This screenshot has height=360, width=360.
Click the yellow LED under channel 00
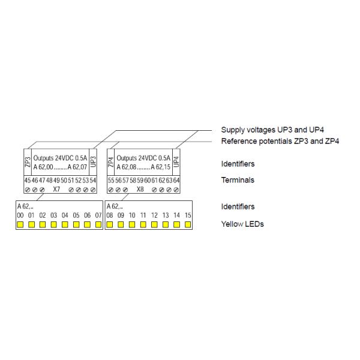(20, 225)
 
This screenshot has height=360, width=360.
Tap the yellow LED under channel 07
(98, 225)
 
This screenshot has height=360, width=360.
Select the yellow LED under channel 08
(110, 225)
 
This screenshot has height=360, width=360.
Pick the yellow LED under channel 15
(188, 225)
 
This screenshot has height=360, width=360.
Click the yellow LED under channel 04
(65, 225)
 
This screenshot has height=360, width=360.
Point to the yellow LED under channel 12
(154, 225)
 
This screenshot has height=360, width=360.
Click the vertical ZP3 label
(28, 162)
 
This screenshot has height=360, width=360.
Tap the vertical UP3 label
(93, 162)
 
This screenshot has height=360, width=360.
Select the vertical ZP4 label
(111, 162)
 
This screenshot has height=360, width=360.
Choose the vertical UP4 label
(176, 162)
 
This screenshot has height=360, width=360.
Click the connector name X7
(56, 188)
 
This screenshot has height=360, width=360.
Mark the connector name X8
(140, 188)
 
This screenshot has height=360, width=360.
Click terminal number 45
(27, 180)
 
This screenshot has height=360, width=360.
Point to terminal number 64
(176, 180)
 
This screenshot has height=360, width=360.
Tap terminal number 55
(110, 180)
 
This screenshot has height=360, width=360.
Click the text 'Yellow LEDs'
(242, 224)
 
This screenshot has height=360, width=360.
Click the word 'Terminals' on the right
(238, 180)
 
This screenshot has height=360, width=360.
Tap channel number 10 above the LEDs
(132, 215)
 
